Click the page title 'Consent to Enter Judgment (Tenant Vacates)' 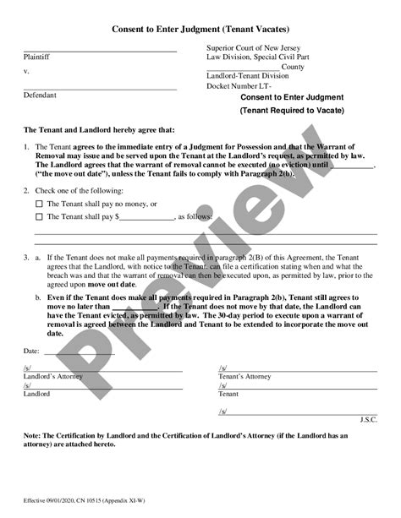click(200, 28)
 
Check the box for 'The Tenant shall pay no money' click(39, 204)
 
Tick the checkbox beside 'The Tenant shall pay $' click(39, 216)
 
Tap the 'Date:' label click(31, 349)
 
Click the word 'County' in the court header click(293, 66)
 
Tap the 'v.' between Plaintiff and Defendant click(26, 72)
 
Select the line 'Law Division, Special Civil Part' click(255, 57)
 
